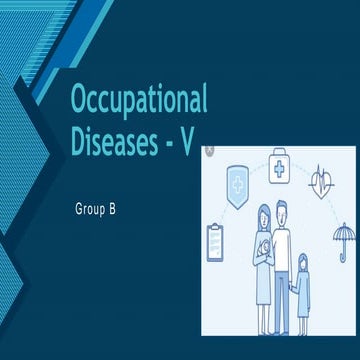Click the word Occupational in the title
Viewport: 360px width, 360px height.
[x=139, y=101]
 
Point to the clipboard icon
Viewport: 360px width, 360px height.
[x=214, y=241]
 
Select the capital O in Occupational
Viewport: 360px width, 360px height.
[x=81, y=99]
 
